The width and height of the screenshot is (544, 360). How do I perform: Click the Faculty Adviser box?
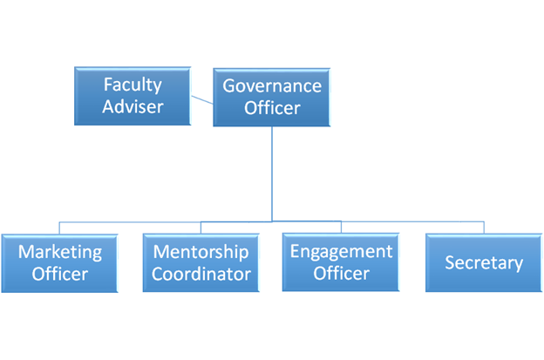click(133, 96)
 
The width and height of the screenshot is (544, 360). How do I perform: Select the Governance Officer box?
click(272, 97)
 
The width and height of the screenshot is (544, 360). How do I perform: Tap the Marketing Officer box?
click(59, 263)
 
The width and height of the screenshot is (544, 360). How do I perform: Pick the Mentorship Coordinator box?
click(201, 262)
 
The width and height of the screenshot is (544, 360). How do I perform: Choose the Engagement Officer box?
click(341, 262)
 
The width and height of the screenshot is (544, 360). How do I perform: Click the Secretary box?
click(484, 262)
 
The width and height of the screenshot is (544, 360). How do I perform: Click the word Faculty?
click(133, 85)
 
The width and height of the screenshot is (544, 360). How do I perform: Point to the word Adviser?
click(133, 106)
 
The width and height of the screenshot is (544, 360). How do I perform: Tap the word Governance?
click(272, 85)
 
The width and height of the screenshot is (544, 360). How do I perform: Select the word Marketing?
click(60, 252)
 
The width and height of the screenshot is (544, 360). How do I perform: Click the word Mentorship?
click(201, 252)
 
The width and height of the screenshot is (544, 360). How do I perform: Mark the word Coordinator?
click(201, 274)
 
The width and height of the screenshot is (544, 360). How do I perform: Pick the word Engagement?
click(342, 252)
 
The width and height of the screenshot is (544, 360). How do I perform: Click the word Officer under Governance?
click(272, 108)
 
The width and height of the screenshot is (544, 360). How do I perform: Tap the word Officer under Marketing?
click(60, 274)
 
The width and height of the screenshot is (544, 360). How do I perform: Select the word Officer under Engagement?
click(342, 274)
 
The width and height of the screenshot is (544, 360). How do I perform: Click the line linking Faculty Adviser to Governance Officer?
click(202, 100)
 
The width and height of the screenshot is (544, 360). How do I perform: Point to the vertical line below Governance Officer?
click(272, 173)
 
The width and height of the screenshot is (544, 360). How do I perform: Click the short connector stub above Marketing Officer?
click(59, 228)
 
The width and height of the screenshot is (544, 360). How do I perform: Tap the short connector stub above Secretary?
click(484, 228)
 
